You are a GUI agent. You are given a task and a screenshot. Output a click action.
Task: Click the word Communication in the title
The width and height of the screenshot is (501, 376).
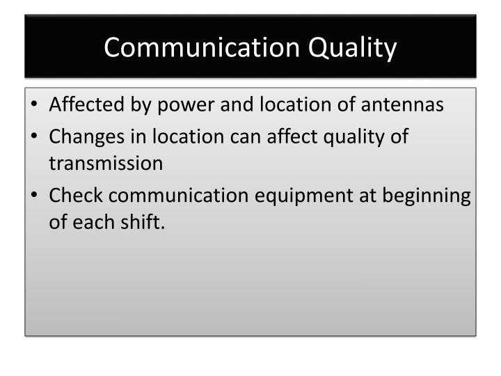pos(193,48)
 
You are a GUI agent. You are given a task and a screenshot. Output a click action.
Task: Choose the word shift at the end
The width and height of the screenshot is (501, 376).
pos(145,224)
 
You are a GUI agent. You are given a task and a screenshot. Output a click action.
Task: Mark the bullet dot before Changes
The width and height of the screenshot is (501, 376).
pos(35,136)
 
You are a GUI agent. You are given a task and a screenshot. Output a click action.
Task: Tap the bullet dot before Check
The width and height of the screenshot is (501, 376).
pos(35,196)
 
